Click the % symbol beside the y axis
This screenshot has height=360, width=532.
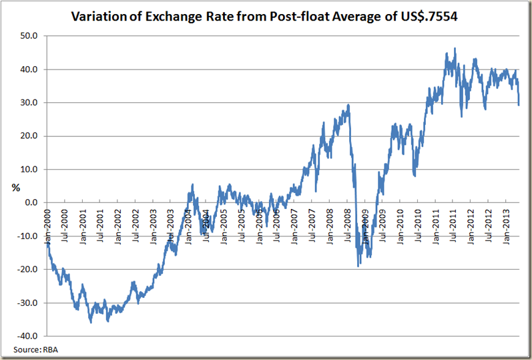click(x=16, y=188)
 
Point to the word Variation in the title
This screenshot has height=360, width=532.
click(x=100, y=15)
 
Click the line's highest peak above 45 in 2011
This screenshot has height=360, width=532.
click(x=455, y=49)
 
